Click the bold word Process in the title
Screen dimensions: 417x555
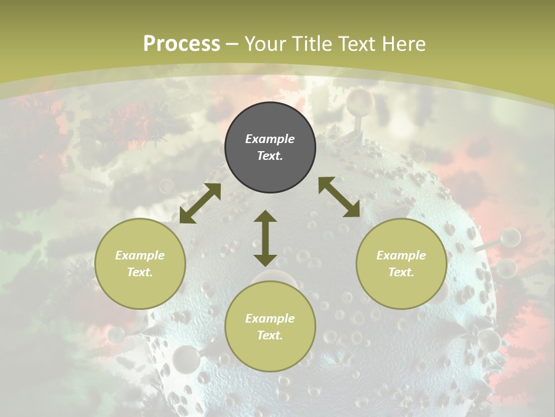182,44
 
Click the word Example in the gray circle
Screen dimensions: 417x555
270,139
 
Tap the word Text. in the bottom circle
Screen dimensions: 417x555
270,335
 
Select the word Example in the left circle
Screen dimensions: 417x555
140,255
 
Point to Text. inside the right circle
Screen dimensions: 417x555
401,272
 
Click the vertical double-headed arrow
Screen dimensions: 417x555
265,238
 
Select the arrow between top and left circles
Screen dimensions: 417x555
200,203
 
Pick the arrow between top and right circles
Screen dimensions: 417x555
339,197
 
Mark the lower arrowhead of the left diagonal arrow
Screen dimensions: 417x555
186,217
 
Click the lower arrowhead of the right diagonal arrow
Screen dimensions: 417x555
352,210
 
